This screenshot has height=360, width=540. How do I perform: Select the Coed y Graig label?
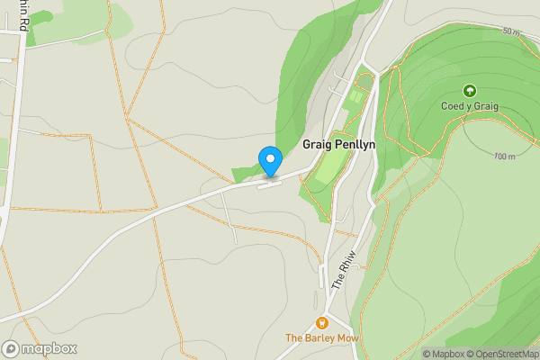[x=469, y=106]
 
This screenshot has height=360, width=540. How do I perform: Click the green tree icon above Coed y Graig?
[x=469, y=91]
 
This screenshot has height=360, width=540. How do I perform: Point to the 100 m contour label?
[x=505, y=157]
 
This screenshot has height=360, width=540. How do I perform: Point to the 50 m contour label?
[x=511, y=31]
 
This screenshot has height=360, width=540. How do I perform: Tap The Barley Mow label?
[x=321, y=338]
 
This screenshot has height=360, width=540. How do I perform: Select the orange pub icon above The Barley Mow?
[x=321, y=323]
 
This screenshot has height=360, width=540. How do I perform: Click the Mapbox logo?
[x=40, y=348]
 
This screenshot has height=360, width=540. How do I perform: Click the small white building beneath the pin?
[x=269, y=185]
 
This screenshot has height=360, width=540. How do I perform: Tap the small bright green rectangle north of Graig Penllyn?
[x=356, y=95]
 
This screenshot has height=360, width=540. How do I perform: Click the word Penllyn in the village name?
[x=355, y=144]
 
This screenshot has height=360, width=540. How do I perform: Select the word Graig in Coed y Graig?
[x=483, y=106]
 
